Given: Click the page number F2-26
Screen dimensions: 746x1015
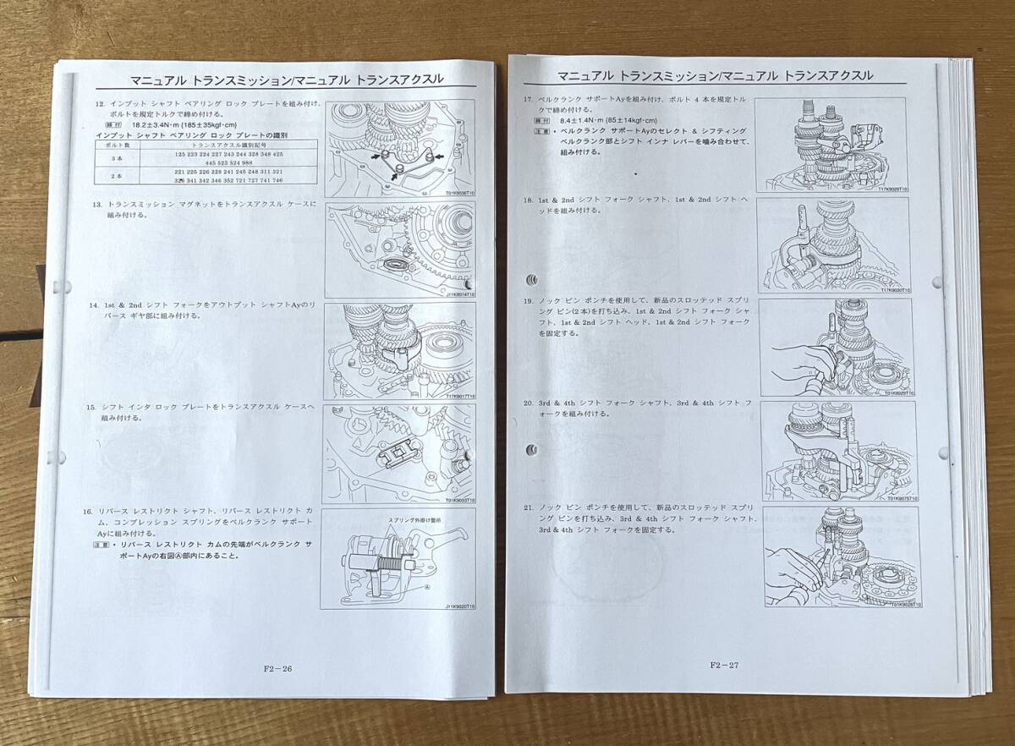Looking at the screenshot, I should point(277,668).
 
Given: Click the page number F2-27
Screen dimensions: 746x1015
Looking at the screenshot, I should point(724,665).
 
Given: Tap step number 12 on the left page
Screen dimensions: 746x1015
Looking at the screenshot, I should point(100,103).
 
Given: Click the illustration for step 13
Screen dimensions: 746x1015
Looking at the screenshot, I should point(399,250).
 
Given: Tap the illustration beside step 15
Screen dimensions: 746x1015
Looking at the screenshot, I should point(399,453).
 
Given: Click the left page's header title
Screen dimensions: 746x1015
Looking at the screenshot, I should point(287,80).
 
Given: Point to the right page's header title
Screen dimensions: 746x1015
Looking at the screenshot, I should point(699,76).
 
